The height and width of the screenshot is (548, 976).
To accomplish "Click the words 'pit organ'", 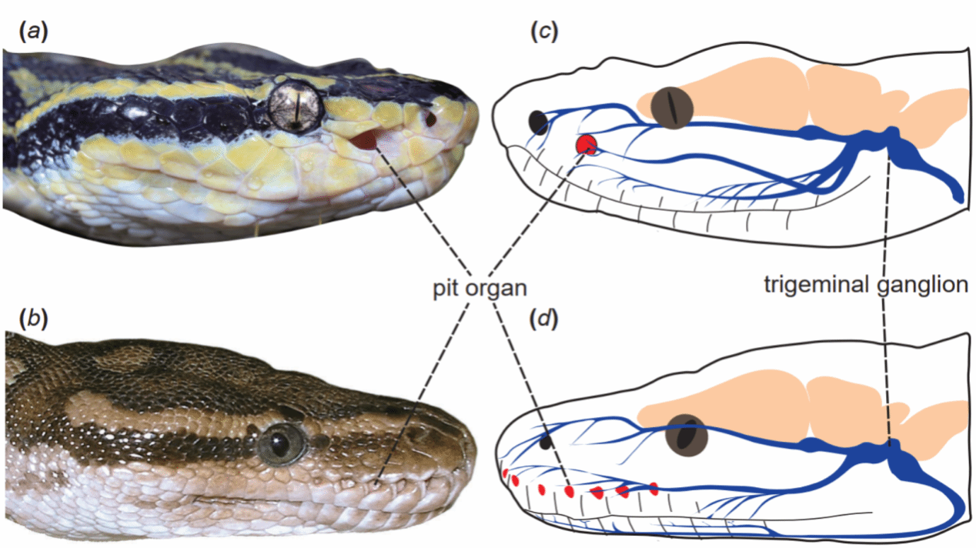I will [x=479, y=289].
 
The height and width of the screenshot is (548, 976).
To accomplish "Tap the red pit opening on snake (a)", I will [x=369, y=140].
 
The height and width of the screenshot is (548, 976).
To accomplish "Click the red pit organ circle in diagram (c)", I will [x=588, y=144].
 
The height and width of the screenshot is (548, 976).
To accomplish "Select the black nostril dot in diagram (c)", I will [x=538, y=122].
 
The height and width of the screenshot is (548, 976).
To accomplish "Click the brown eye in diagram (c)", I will [x=669, y=108].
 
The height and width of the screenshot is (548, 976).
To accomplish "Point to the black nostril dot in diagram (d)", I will [x=546, y=442].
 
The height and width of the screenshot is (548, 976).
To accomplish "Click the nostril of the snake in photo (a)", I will [x=430, y=119].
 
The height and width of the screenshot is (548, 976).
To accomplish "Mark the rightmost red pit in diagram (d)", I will [x=653, y=487].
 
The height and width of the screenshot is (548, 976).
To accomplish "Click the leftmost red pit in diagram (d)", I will [x=506, y=473].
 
